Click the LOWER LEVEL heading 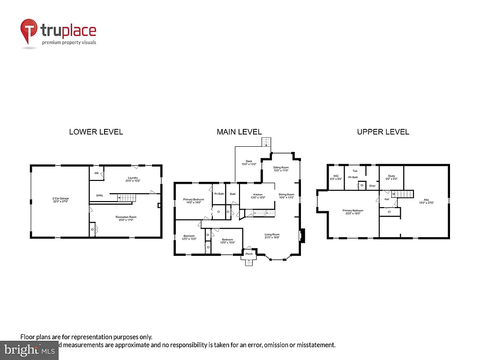pyautogui.click(x=96, y=132)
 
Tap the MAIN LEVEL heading pyautogui.click(x=239, y=132)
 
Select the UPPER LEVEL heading pyautogui.click(x=383, y=132)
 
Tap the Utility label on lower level pyautogui.click(x=99, y=195)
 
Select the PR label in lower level pyautogui.click(x=97, y=173)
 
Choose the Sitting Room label pyautogui.click(x=281, y=168)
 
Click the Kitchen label pyautogui.click(x=258, y=195)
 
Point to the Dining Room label pyautogui.click(x=286, y=195)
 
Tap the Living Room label pyautogui.click(x=272, y=236)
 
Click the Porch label pyautogui.click(x=249, y=254)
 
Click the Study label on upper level pyautogui.click(x=391, y=177)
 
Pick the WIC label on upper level pyautogui.click(x=336, y=177)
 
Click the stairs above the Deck pyautogui.click(x=266, y=142)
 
